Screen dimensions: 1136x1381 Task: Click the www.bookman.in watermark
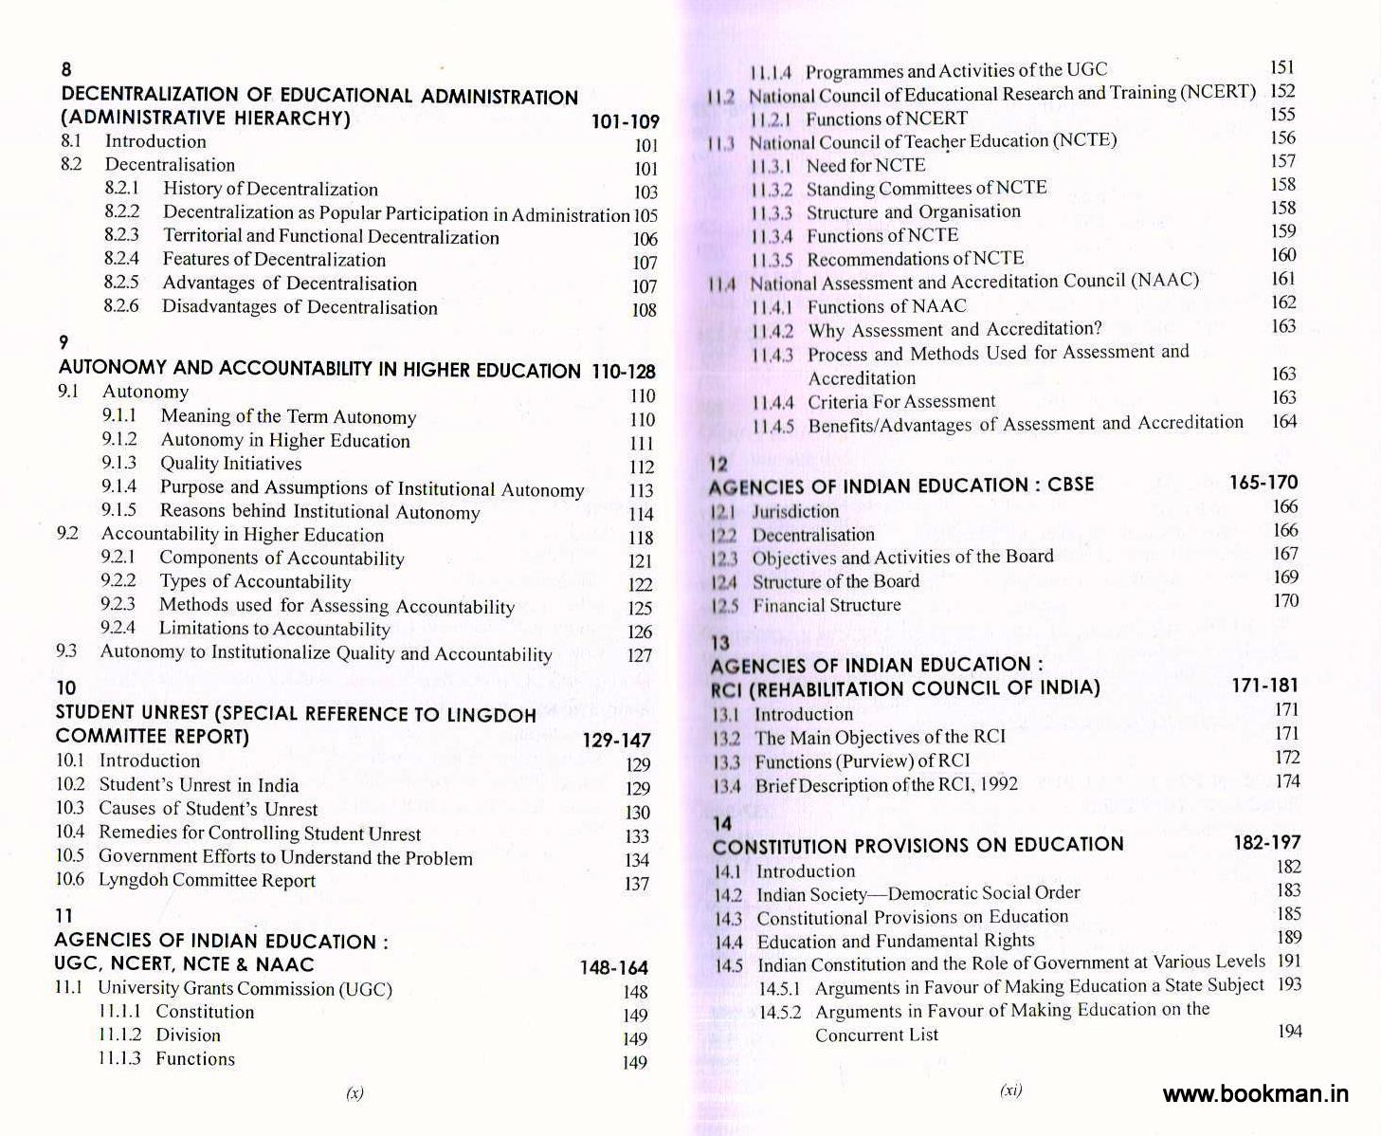click(x=1255, y=1093)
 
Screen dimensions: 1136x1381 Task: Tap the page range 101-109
click(x=625, y=122)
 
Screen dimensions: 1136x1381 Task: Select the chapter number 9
click(x=64, y=342)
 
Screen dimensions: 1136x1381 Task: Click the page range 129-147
click(x=616, y=741)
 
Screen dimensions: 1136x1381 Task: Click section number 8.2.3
click(x=122, y=235)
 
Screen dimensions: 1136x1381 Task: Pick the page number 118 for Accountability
click(x=641, y=538)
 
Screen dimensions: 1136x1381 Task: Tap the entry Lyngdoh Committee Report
click(x=207, y=880)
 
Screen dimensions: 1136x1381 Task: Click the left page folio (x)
click(x=354, y=1092)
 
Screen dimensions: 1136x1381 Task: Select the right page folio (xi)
click(x=1010, y=1090)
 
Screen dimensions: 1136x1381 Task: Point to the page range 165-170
click(x=1263, y=483)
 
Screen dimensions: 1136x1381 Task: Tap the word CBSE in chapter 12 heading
click(x=1070, y=485)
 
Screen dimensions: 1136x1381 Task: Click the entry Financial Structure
click(x=827, y=605)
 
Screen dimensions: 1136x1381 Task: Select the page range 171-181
click(x=1264, y=686)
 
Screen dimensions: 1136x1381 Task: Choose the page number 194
click(x=1289, y=1031)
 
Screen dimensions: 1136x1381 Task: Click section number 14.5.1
click(x=780, y=988)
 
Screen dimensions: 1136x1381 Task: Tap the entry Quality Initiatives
click(x=230, y=464)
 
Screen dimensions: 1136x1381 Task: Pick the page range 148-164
click(x=614, y=968)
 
